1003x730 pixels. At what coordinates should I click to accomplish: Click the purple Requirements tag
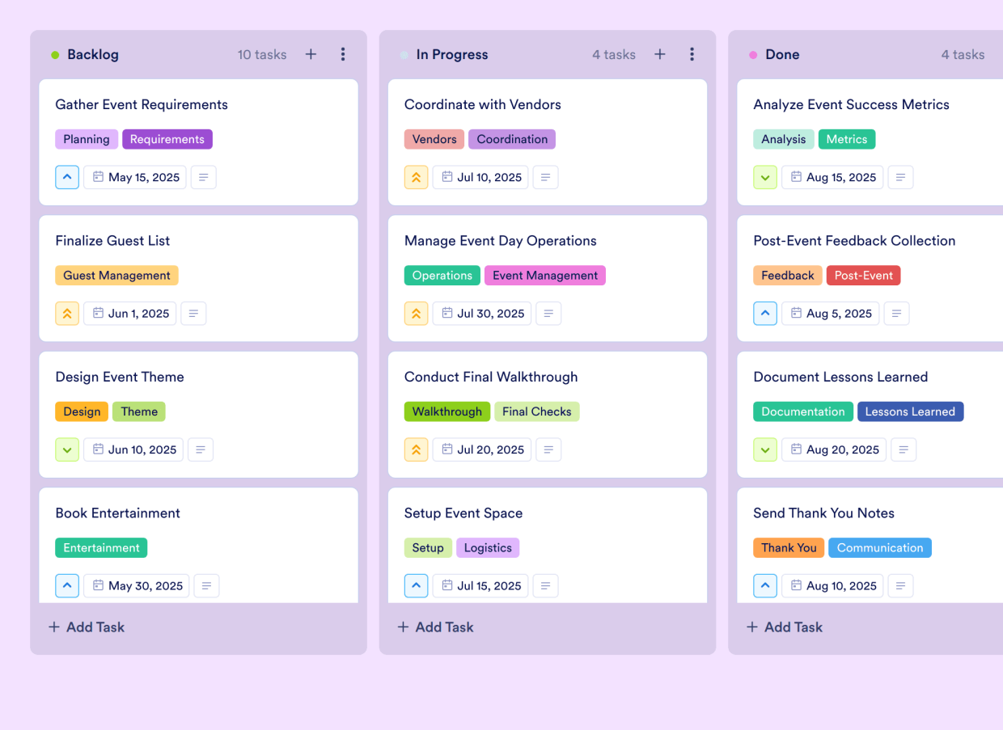coord(167,139)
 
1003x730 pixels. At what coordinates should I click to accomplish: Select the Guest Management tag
coord(116,275)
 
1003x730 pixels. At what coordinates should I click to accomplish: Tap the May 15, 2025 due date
coord(135,177)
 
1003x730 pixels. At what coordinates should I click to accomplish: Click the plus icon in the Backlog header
coord(311,54)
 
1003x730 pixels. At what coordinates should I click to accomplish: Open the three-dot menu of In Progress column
coord(692,54)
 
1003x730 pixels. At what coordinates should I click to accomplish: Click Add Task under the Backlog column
coord(87,627)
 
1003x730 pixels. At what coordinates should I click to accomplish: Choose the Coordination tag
coord(512,139)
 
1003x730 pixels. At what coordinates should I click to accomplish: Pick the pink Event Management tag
coord(545,275)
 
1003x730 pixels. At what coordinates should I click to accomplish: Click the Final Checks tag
coord(536,411)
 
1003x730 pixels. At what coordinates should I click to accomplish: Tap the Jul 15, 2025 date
coord(480,585)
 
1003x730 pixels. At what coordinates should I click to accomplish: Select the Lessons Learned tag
coord(910,411)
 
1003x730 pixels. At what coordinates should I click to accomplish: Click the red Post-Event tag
coord(863,275)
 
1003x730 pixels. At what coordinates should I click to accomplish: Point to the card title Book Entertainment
coord(117,513)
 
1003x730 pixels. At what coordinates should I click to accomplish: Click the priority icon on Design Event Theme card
coord(67,449)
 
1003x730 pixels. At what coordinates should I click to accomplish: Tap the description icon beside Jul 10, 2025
coord(546,177)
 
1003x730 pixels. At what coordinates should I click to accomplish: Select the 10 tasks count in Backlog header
coord(262,55)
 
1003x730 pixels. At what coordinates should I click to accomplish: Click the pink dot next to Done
coord(753,55)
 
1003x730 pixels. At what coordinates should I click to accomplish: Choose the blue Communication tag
coord(880,547)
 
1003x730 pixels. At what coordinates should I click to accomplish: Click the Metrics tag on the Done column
coord(847,139)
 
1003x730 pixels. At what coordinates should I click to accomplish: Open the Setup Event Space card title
coord(463,513)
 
